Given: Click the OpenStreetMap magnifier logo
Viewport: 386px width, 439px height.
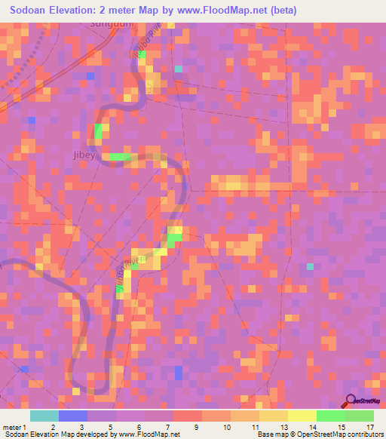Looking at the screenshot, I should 351,400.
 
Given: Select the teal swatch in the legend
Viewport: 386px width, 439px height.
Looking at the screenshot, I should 44,416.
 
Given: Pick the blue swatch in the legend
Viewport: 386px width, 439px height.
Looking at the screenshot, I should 73,416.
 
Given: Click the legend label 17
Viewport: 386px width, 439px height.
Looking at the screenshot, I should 369,427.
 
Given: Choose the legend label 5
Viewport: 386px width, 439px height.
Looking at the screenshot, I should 110,427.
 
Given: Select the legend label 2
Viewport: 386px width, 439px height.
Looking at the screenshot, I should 52,427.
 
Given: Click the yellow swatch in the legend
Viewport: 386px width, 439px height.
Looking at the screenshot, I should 302,416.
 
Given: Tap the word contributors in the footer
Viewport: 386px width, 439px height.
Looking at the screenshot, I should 363,434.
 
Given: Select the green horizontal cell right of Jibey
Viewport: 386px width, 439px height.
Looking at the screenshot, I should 118,157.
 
